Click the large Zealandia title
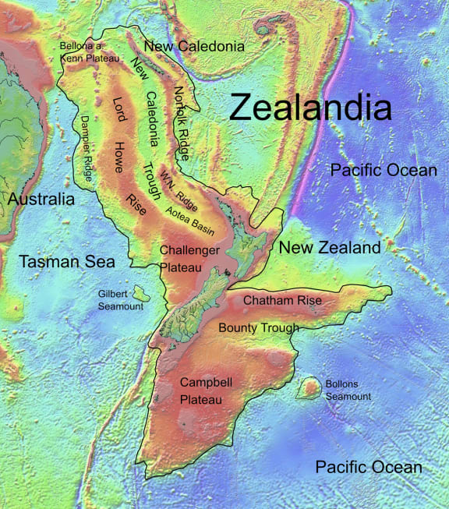[x=310, y=107]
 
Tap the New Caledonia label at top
[x=195, y=47]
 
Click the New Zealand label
[x=330, y=248]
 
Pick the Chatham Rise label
[x=282, y=300]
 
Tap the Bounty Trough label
[x=259, y=327]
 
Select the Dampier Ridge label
[x=86, y=148]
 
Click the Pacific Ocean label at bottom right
[x=369, y=467]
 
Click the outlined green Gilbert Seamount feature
[x=141, y=293]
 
